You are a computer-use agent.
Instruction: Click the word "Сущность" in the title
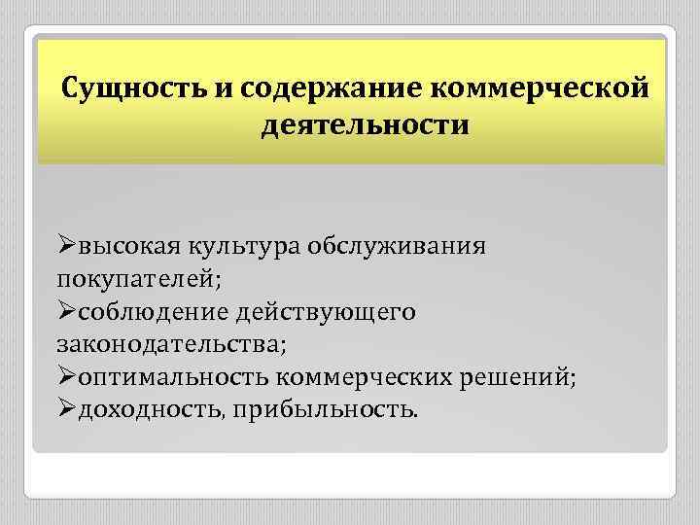(133, 88)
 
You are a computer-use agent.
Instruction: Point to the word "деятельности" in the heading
(365, 126)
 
